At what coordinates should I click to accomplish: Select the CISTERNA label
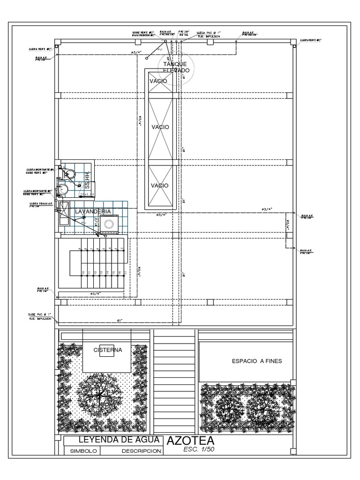[x=108, y=350]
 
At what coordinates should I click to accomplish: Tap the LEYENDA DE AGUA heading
[x=114, y=440]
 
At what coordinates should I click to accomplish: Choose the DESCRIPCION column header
[x=141, y=451]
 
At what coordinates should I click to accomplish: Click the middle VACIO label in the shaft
[x=160, y=127]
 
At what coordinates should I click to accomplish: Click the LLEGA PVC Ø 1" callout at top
[x=208, y=34]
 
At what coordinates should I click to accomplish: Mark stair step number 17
[x=125, y=272]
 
